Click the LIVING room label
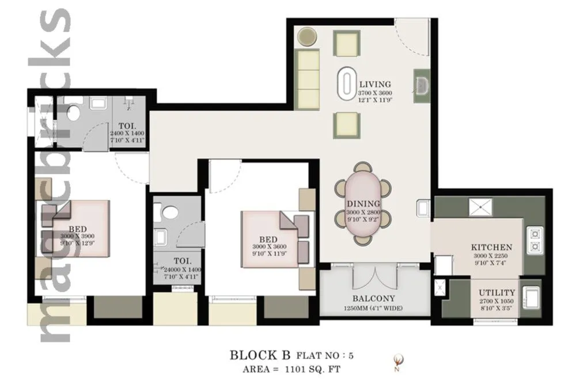pyautogui.click(x=374, y=84)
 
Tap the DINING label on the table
pyautogui.click(x=363, y=204)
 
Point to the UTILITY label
pyautogui.click(x=497, y=292)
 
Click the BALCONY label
pyautogui.click(x=374, y=298)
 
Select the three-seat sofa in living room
pyautogui.click(x=307, y=79)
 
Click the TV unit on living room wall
pyautogui.click(x=422, y=85)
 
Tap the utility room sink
pyautogui.click(x=530, y=298)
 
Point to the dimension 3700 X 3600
pyautogui.click(x=375, y=93)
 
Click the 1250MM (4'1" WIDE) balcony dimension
pyautogui.click(x=374, y=308)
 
